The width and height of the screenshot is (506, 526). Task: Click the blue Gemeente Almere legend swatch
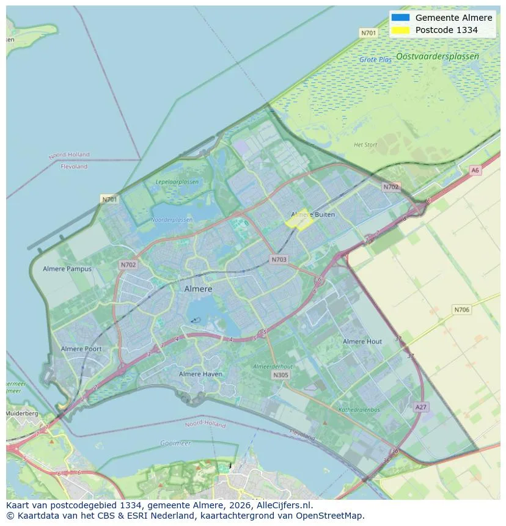pyautogui.click(x=400, y=18)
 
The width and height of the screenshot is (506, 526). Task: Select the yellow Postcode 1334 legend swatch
pyautogui.click(x=400, y=30)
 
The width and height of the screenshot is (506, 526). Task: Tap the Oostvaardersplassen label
pyautogui.click(x=437, y=56)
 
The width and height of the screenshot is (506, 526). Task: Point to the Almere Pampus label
pyautogui.click(x=67, y=269)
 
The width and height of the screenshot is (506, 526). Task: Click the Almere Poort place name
pyautogui.click(x=81, y=349)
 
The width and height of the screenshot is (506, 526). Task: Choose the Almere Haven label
pyautogui.click(x=200, y=374)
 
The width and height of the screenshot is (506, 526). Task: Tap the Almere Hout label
pyautogui.click(x=362, y=342)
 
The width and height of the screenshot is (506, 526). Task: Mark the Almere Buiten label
pyautogui.click(x=313, y=214)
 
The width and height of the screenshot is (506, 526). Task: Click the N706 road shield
pyautogui.click(x=462, y=310)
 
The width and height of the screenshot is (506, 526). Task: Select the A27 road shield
pyautogui.click(x=420, y=407)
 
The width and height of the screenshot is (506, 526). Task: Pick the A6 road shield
pyautogui.click(x=475, y=170)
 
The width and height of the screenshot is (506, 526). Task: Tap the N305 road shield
pyautogui.click(x=280, y=375)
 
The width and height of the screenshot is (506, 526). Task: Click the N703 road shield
pyautogui.click(x=279, y=260)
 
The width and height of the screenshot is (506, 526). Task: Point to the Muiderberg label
pyautogui.click(x=22, y=414)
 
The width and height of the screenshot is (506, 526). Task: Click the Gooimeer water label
pyautogui.click(x=175, y=443)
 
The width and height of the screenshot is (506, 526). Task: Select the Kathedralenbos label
pyautogui.click(x=359, y=410)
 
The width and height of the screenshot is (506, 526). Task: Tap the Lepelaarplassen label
pyautogui.click(x=177, y=182)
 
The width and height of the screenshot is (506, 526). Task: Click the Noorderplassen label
pyautogui.click(x=172, y=219)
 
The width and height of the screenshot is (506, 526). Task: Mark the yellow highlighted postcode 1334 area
pyautogui.click(x=301, y=221)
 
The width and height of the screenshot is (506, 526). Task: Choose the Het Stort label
pyautogui.click(x=365, y=145)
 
